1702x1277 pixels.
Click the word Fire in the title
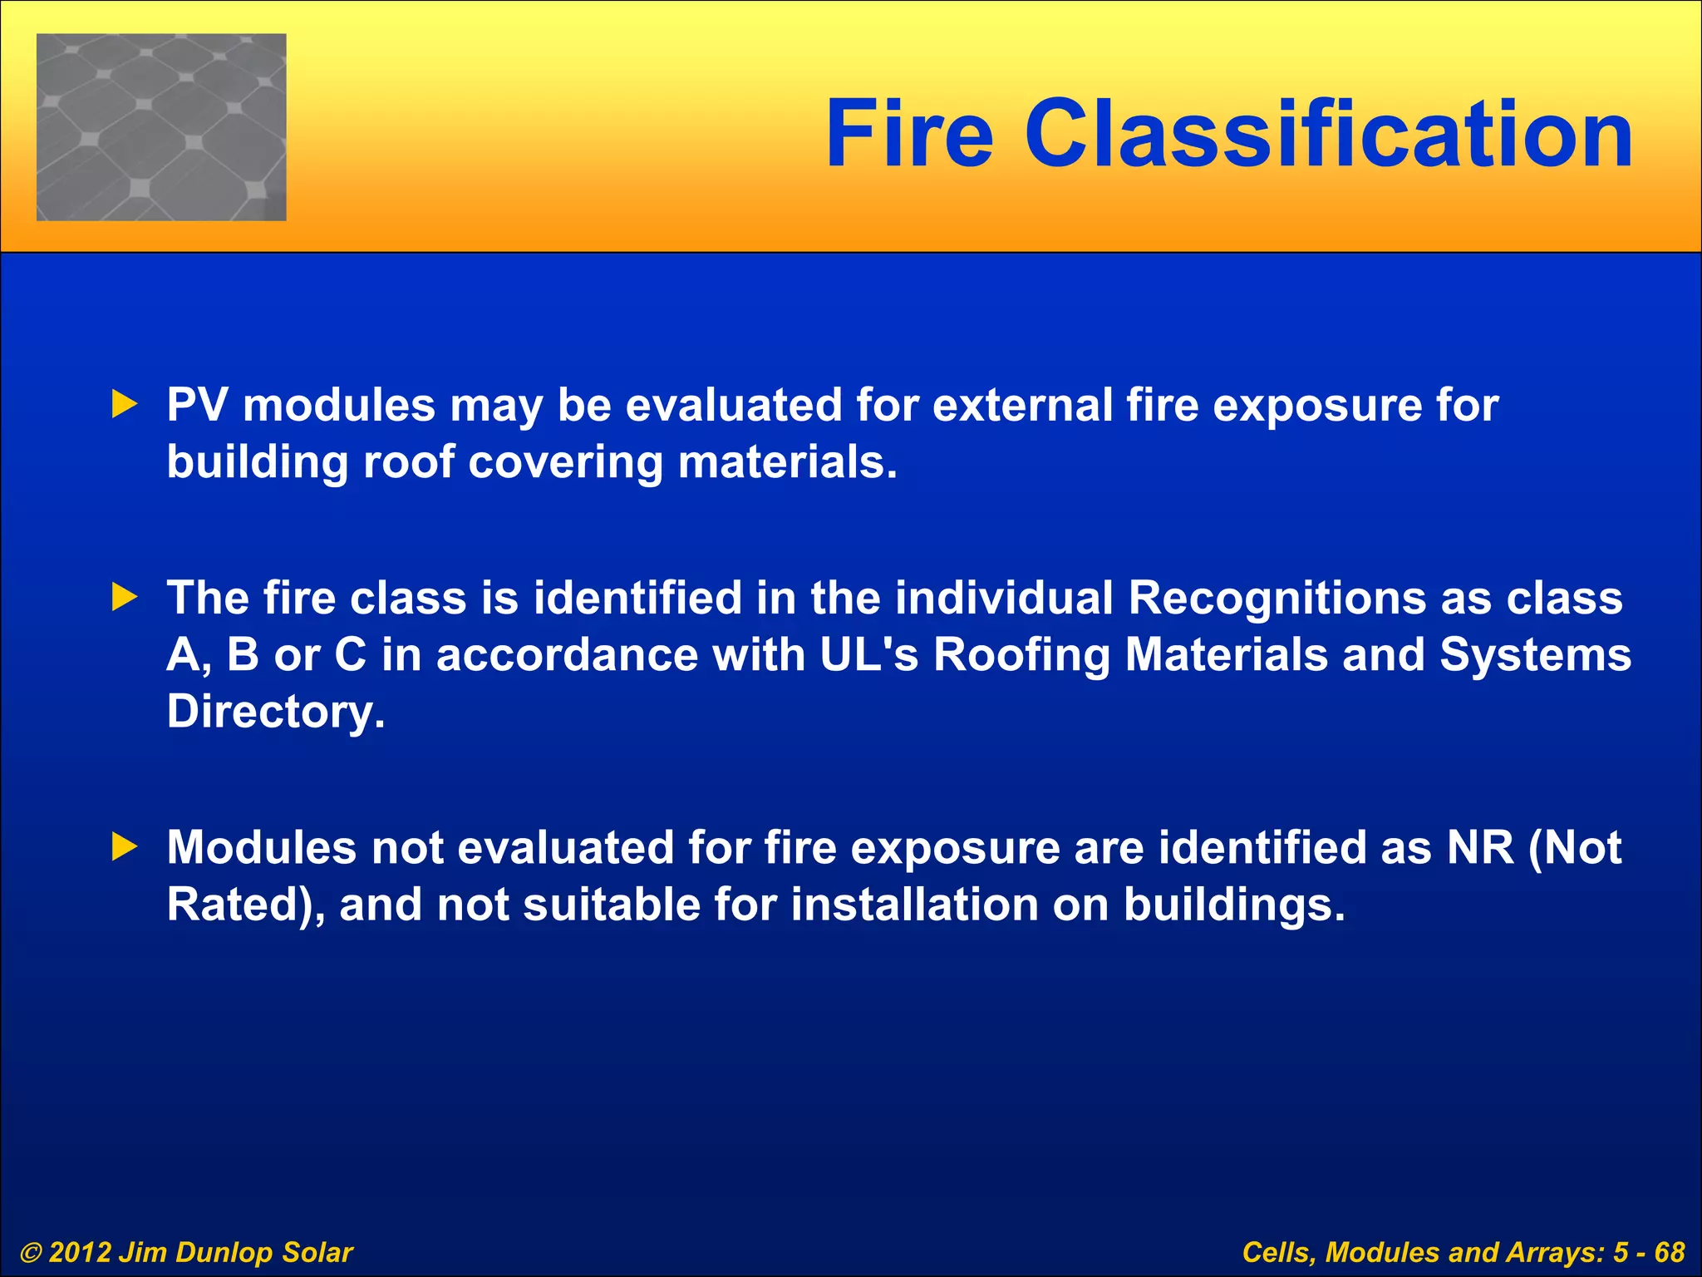909,134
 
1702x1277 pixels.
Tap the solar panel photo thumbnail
161,127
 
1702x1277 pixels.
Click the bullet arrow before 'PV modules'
125,406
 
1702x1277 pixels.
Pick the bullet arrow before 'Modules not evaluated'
125,847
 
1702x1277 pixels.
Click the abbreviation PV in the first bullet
197,406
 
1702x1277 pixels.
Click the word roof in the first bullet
408,462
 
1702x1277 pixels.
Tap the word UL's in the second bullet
868,654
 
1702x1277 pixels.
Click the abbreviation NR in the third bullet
1480,847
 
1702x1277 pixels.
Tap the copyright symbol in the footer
31,1252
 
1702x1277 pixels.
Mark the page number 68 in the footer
1669,1252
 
